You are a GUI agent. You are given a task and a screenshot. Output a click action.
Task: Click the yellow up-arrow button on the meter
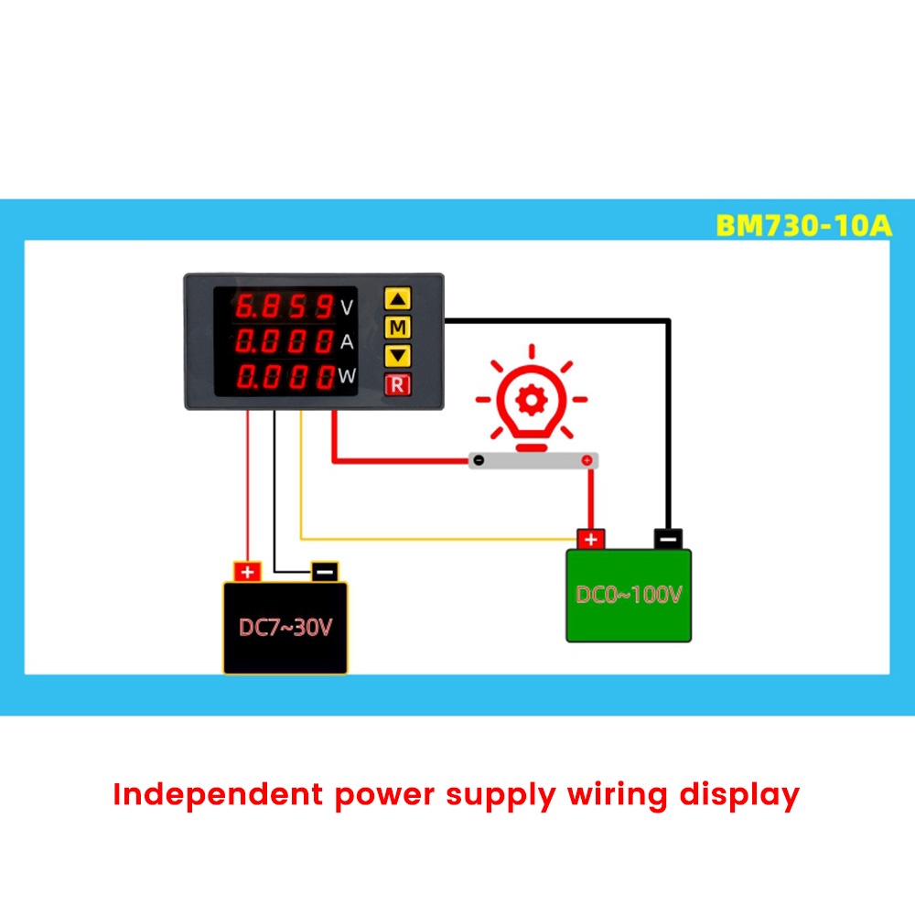pos(397,299)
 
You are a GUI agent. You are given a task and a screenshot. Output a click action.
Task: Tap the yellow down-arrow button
pos(397,355)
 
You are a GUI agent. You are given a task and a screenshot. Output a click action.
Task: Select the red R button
pos(397,384)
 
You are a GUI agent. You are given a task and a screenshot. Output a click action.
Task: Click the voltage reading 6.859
pos(285,307)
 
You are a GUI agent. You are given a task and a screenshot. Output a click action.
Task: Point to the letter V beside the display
pos(347,307)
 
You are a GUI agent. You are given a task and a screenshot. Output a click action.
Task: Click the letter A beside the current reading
pos(347,341)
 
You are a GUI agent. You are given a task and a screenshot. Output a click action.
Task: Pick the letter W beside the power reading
pos(347,375)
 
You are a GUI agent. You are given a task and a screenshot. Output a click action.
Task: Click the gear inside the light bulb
pos(532,401)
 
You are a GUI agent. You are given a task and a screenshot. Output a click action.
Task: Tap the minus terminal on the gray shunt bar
pos(479,460)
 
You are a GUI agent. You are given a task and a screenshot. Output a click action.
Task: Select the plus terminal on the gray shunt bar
pos(587,460)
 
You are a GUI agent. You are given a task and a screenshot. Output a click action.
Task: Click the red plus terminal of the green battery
pos(590,539)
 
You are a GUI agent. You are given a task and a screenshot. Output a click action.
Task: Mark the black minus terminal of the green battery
pos(668,539)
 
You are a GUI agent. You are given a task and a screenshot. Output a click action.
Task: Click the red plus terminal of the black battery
pos(247,572)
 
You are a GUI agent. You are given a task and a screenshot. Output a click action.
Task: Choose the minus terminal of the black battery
pos(325,572)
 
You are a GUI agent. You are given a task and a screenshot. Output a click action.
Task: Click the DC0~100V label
pos(629,595)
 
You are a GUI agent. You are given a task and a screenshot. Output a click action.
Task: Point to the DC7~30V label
pos(285,628)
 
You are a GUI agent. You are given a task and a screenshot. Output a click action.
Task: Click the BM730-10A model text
pos(803,225)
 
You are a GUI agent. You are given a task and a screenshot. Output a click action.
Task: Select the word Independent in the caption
pos(218,794)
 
